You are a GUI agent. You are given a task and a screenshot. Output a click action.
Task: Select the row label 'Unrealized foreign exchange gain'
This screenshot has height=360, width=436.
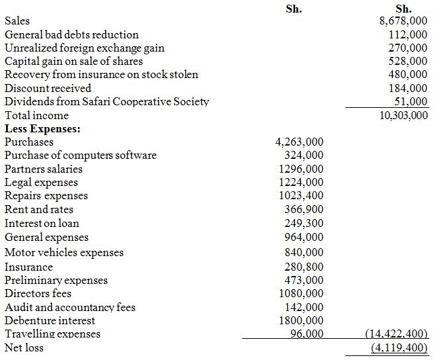coord(85,48)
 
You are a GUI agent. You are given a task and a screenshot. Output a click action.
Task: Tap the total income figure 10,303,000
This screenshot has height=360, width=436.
coord(400,115)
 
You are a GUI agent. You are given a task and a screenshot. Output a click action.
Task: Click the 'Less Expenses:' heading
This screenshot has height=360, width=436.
coord(43,128)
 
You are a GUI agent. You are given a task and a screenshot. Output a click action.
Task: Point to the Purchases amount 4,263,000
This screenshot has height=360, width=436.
coord(299,142)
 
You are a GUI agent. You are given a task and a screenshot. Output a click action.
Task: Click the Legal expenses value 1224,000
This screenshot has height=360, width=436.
coord(301,182)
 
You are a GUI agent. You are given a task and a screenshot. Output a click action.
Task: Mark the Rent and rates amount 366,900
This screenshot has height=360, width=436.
coord(304,209)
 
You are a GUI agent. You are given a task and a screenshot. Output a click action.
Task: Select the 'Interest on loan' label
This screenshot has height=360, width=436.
coord(42,223)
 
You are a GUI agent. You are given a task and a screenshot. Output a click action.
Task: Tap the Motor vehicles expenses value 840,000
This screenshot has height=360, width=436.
coord(304,252)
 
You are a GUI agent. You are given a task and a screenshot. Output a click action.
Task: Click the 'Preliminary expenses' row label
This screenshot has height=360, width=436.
coord(56,280)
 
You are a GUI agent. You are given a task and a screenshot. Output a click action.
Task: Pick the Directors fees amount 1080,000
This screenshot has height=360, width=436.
coord(301,293)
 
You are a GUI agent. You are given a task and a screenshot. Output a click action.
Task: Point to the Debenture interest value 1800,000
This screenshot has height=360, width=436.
coord(301,320)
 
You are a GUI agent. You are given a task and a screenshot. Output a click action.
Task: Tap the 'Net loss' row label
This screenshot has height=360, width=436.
coord(24,347)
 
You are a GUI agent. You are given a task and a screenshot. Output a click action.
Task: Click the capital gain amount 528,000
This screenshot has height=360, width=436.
coord(408,61)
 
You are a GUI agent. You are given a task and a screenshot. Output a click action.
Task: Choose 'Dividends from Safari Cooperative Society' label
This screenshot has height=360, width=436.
coord(107,101)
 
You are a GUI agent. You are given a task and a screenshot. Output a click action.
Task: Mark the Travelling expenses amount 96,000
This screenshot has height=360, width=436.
coord(307,334)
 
